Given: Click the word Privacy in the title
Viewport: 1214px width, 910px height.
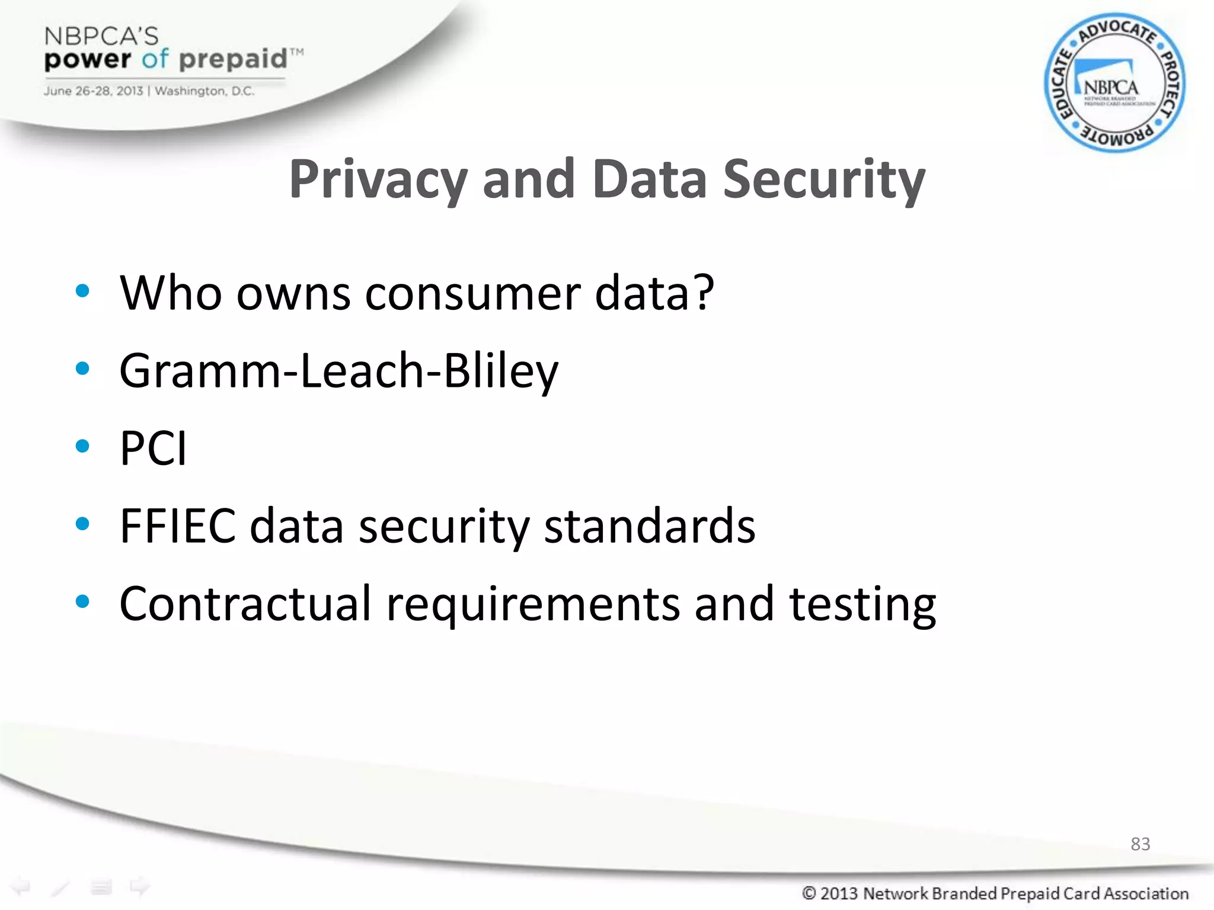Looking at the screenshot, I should (378, 180).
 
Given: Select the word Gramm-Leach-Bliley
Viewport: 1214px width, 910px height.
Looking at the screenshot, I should (338, 371).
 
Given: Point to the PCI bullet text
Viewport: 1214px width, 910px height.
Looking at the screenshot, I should (154, 448).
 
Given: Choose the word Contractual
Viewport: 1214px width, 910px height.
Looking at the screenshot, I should (245, 604).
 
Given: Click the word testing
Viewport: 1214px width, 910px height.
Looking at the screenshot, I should (862, 605).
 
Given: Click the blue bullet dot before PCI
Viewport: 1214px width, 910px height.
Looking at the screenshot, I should (82, 446).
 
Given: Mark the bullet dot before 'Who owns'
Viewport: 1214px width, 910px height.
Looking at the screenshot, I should (82, 291).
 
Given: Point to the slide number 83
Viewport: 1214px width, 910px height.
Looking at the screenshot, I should (1140, 844).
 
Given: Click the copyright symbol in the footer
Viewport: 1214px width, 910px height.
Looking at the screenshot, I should (809, 893).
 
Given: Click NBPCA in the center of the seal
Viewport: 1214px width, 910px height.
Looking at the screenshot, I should (1111, 88).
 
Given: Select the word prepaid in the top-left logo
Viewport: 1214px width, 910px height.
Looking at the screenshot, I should (233, 60).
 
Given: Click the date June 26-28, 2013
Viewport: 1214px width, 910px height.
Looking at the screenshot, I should (93, 91).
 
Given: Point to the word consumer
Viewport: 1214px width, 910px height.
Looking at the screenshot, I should (472, 293).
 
